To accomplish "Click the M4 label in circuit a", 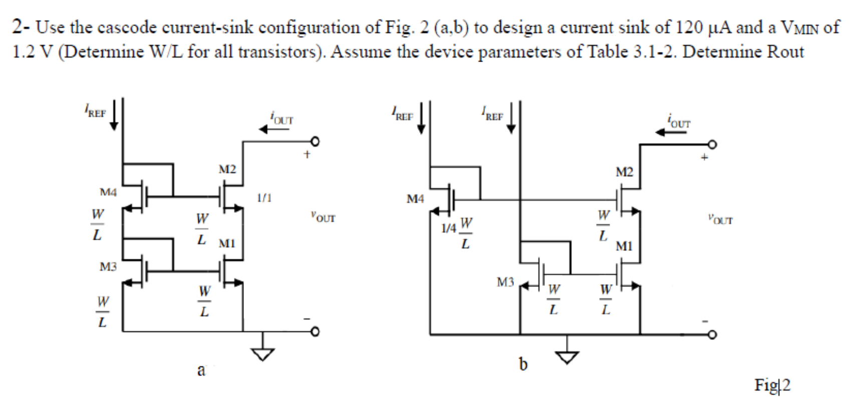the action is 108,192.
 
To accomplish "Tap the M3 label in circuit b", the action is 505,282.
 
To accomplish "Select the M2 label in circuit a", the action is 227,169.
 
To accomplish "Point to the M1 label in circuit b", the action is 624,246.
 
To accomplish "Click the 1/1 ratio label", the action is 264,198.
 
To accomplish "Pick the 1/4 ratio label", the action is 448,228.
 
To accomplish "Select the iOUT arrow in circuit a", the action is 274,130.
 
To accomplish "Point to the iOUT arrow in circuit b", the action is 671,132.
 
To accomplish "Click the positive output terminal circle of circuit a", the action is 315,142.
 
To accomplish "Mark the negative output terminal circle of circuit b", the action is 712,335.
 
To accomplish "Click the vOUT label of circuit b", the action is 720,219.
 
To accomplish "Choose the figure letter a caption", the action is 201,370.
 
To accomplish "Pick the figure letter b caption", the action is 523,364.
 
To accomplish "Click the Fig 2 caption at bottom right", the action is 772,385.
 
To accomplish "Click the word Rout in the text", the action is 785,52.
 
